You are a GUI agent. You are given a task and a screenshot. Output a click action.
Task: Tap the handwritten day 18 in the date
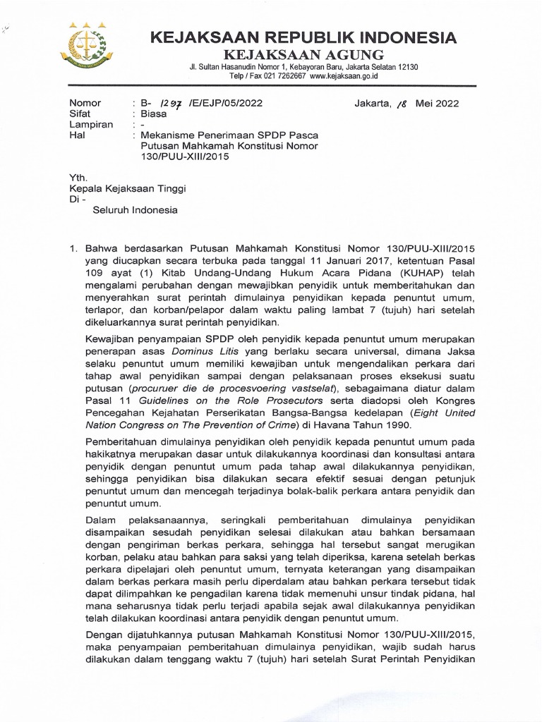(x=403, y=103)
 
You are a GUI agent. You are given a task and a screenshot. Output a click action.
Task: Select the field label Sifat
(x=78, y=114)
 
